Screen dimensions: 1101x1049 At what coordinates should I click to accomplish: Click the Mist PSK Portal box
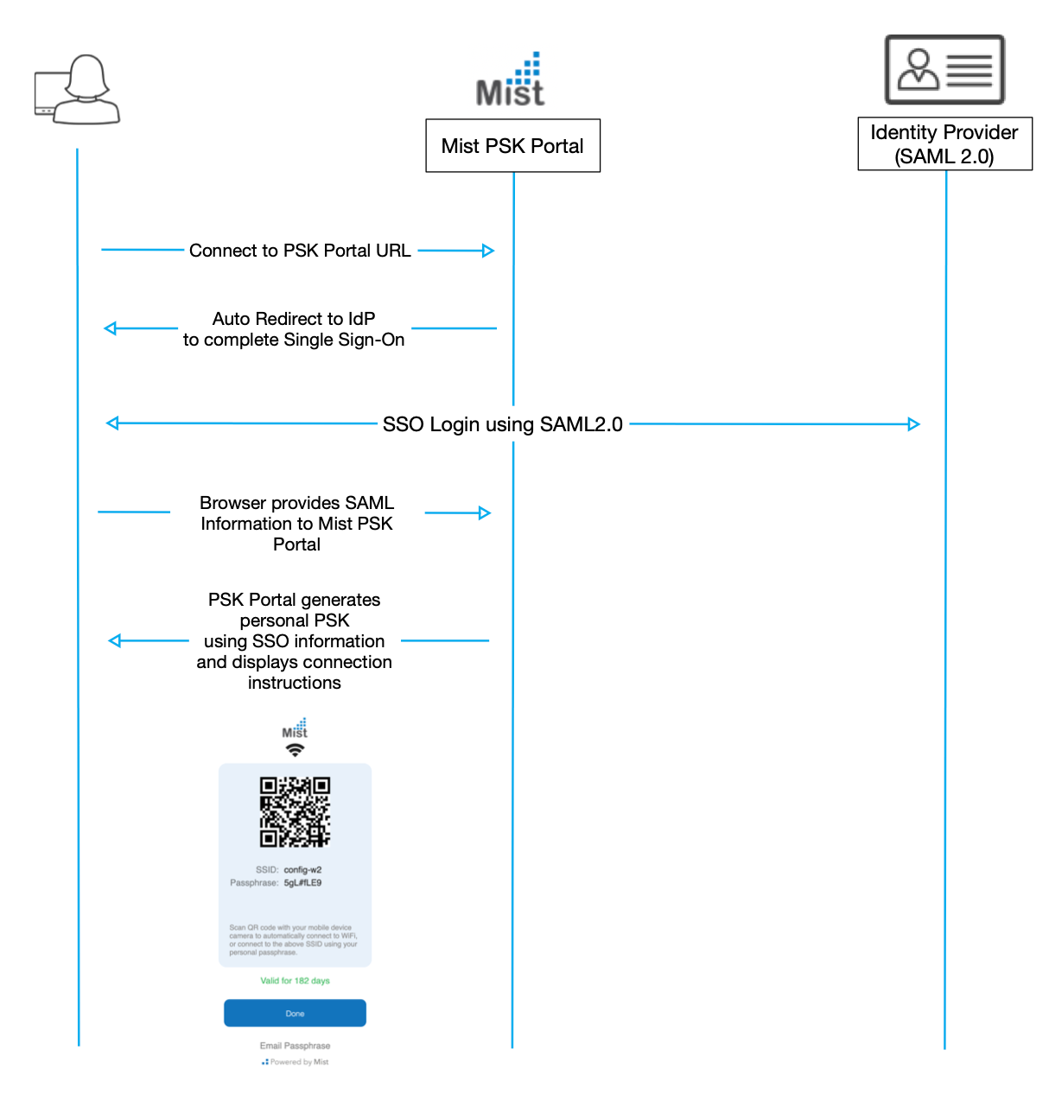click(x=512, y=146)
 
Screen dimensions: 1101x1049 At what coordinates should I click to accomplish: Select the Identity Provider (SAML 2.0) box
click(x=944, y=144)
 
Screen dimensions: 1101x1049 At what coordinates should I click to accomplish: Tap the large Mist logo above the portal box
click(x=511, y=80)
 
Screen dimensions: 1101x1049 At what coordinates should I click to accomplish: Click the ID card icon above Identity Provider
click(x=944, y=70)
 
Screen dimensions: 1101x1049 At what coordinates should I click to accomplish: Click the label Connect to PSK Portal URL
click(x=300, y=251)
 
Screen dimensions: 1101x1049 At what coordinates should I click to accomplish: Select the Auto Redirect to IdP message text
click(x=294, y=329)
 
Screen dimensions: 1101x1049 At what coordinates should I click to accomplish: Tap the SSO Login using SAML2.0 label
click(x=502, y=424)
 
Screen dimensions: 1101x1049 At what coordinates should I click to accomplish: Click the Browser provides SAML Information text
click(x=296, y=524)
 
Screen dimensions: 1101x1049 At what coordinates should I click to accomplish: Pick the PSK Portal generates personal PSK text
click(x=295, y=640)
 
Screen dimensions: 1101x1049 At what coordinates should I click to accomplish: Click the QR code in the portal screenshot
click(x=296, y=811)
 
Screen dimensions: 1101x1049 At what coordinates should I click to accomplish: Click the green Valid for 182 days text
click(x=296, y=981)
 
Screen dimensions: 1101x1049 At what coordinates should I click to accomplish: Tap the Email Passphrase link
click(x=295, y=1046)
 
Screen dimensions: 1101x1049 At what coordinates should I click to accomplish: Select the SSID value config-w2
click(x=302, y=870)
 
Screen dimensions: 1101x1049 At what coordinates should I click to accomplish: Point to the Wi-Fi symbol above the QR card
click(x=296, y=750)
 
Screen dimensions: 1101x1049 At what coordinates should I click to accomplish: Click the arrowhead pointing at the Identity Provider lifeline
click(x=914, y=424)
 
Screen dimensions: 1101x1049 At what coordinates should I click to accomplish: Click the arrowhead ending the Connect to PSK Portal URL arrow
click(x=488, y=251)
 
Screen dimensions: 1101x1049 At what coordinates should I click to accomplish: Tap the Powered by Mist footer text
click(x=298, y=1062)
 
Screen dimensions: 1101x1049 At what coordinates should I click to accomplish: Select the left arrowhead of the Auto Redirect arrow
click(x=110, y=328)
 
